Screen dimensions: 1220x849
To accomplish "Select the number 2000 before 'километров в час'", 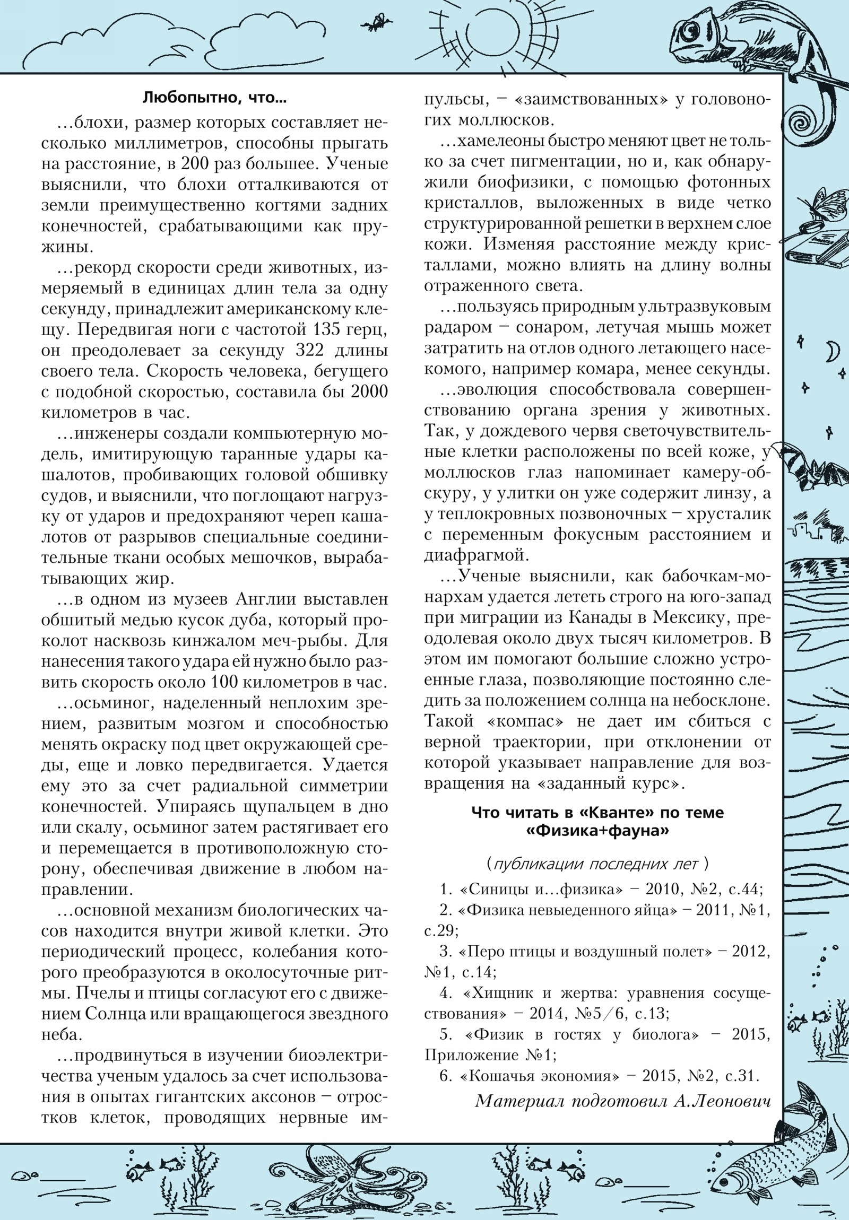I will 369,392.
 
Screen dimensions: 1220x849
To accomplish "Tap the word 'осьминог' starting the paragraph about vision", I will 110,703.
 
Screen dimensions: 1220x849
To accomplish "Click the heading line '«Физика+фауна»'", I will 597,832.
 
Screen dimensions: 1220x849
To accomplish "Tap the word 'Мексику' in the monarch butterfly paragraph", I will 691,618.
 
